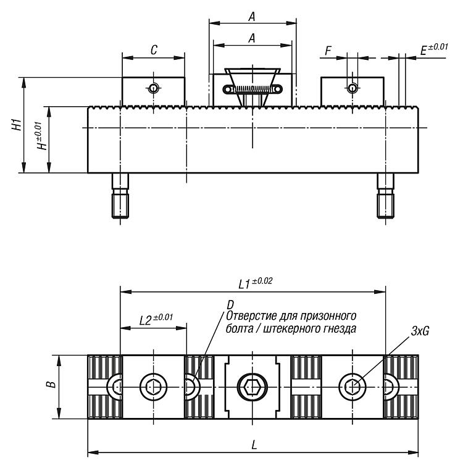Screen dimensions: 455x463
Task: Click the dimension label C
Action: point(154,50)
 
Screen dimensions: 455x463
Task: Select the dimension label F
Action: point(328,51)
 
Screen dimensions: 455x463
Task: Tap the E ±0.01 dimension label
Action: point(434,49)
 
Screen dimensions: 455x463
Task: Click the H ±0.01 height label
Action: point(41,136)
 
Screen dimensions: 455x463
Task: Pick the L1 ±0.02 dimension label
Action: point(256,283)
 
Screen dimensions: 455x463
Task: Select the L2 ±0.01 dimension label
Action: point(156,319)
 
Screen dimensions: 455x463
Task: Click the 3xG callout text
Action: point(420,332)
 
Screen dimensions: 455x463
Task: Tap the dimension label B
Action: point(51,385)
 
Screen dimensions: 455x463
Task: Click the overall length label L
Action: point(254,444)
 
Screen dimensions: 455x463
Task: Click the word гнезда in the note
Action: point(340,328)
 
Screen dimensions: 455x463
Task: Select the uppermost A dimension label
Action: point(251,17)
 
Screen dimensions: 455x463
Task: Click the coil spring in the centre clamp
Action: point(253,89)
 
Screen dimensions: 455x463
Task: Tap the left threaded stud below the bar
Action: point(120,196)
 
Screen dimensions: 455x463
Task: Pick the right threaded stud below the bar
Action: point(386,196)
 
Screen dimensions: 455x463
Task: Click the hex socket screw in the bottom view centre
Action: point(253,387)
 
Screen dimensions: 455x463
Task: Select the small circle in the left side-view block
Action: point(153,88)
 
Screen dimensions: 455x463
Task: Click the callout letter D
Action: point(230,305)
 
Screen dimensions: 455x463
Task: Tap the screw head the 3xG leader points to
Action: point(353,387)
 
